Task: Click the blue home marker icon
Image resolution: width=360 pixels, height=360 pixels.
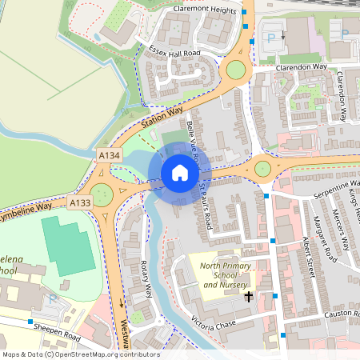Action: (180, 173)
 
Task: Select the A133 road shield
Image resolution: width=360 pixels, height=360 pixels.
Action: (80, 203)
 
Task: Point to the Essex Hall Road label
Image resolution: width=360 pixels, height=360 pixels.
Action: (174, 52)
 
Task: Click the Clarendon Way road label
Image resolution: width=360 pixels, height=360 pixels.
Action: (303, 69)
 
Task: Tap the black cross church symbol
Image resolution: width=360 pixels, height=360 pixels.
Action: (248, 297)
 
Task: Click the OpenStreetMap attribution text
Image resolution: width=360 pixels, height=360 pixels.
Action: (80, 354)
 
